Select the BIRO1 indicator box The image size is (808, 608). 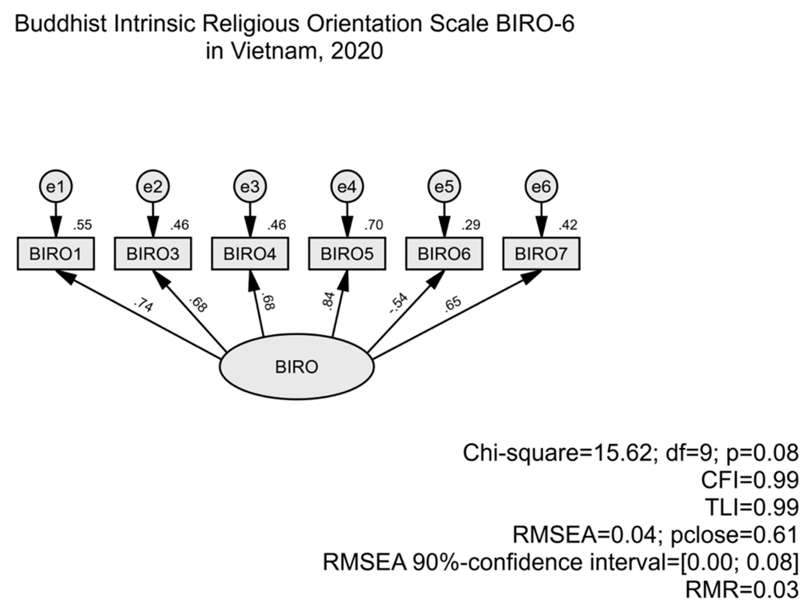tap(55, 254)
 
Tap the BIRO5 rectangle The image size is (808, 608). tap(347, 254)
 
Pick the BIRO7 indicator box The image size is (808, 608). tap(541, 254)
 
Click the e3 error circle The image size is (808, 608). tap(250, 187)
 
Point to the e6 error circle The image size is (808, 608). tap(541, 187)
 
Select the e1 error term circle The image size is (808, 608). tap(55, 187)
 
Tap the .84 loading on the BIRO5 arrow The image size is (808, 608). tap(328, 301)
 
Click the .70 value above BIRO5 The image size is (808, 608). tap(373, 225)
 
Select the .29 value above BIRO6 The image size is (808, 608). tap(470, 225)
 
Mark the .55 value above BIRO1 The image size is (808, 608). tap(82, 225)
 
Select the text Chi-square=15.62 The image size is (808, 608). tap(557, 453)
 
